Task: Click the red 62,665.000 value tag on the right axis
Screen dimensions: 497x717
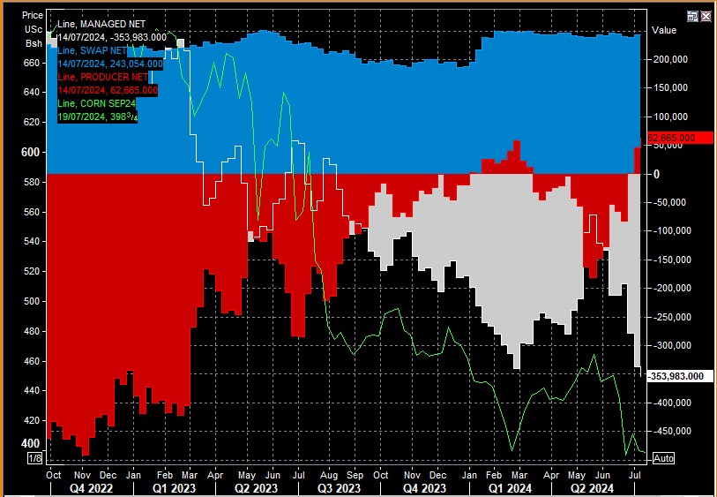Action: point(672,139)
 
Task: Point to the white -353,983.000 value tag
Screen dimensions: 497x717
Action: point(676,376)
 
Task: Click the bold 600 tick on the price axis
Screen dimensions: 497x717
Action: point(31,152)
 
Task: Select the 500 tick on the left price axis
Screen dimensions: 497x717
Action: point(31,301)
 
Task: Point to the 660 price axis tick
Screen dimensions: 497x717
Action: point(31,63)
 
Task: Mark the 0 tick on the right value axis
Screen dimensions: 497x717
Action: point(655,174)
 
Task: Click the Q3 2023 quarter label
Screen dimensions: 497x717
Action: point(339,487)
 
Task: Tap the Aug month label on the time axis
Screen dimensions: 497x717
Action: point(326,474)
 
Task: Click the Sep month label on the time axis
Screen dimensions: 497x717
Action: point(355,474)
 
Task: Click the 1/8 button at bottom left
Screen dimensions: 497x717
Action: point(35,458)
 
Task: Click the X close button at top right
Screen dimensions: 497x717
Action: point(706,16)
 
